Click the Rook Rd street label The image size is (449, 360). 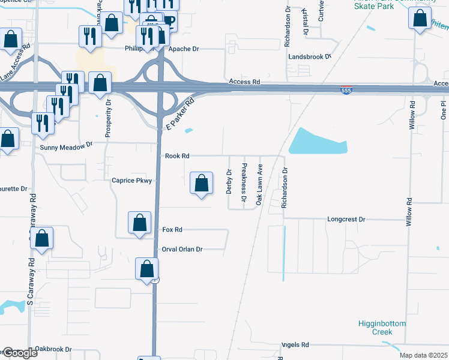tap(177, 156)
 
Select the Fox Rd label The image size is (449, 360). tap(172, 230)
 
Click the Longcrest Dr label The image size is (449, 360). tap(346, 220)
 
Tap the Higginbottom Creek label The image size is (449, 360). tap(382, 328)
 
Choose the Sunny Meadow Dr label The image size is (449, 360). tap(66, 146)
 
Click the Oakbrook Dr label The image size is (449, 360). tap(53, 349)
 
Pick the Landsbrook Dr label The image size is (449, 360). tap(310, 57)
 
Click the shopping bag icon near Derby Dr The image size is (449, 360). tap(202, 183)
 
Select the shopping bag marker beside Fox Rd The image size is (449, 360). tap(139, 223)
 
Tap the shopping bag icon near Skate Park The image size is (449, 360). tap(420, 18)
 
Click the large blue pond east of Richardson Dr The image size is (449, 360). tap(318, 142)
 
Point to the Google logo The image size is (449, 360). tap(20, 353)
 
